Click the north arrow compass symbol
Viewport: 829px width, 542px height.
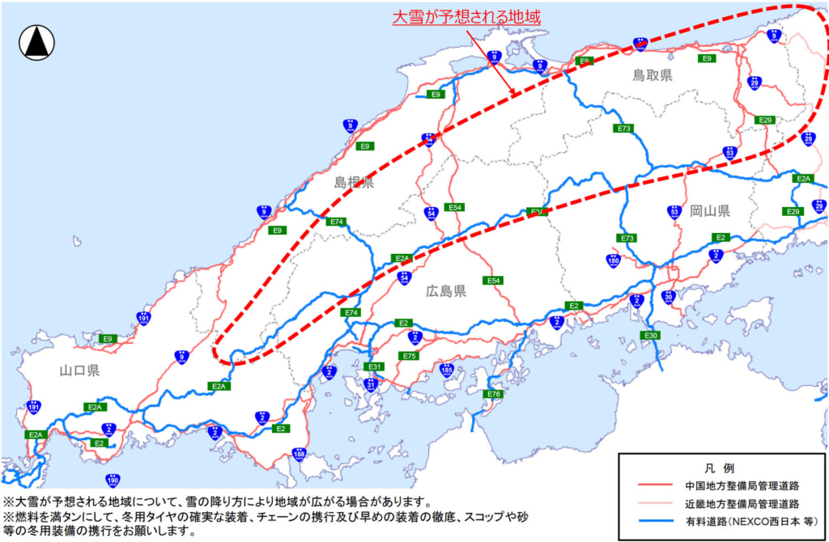tap(36, 42)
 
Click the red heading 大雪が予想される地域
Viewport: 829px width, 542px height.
tap(466, 16)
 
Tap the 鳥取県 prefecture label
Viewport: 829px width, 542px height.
tap(653, 75)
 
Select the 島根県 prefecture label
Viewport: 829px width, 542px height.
tap(354, 183)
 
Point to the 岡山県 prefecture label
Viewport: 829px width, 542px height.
tap(710, 211)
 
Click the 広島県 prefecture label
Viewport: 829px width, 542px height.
tap(446, 291)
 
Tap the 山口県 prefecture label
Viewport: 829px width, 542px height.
tap(79, 371)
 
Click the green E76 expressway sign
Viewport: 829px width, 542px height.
tap(495, 394)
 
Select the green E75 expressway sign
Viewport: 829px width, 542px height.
tap(409, 356)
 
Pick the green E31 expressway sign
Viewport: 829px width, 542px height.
tap(372, 367)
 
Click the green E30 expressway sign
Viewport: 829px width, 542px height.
tap(650, 336)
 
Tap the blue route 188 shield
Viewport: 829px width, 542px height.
tap(299, 455)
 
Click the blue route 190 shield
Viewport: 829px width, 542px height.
tap(113, 481)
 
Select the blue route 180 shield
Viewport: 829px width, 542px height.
tap(613, 260)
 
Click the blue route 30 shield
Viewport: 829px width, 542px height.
tap(668, 297)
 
